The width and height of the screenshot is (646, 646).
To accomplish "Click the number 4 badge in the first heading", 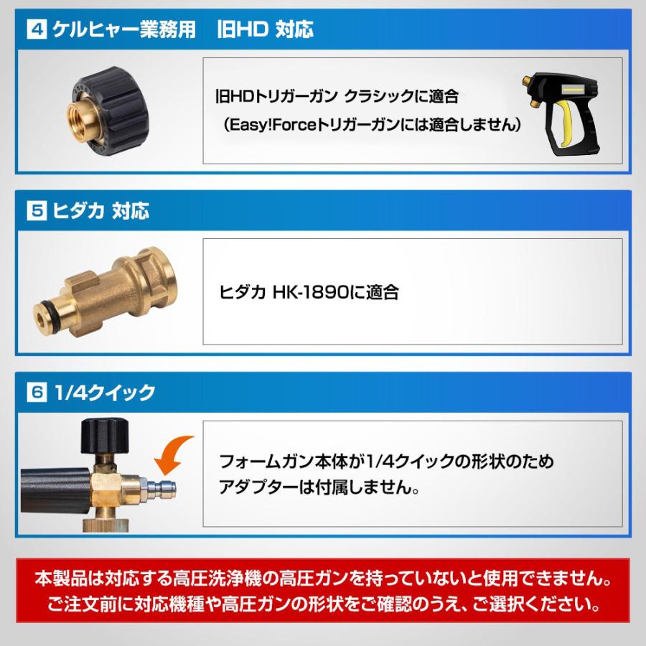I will click(x=36, y=31).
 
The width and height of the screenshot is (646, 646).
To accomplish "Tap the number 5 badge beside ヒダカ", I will click(x=36, y=212).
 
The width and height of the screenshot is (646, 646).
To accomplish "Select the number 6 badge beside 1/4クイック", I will click(x=36, y=393).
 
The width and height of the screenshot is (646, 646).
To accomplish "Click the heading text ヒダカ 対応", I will click(x=100, y=212).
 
